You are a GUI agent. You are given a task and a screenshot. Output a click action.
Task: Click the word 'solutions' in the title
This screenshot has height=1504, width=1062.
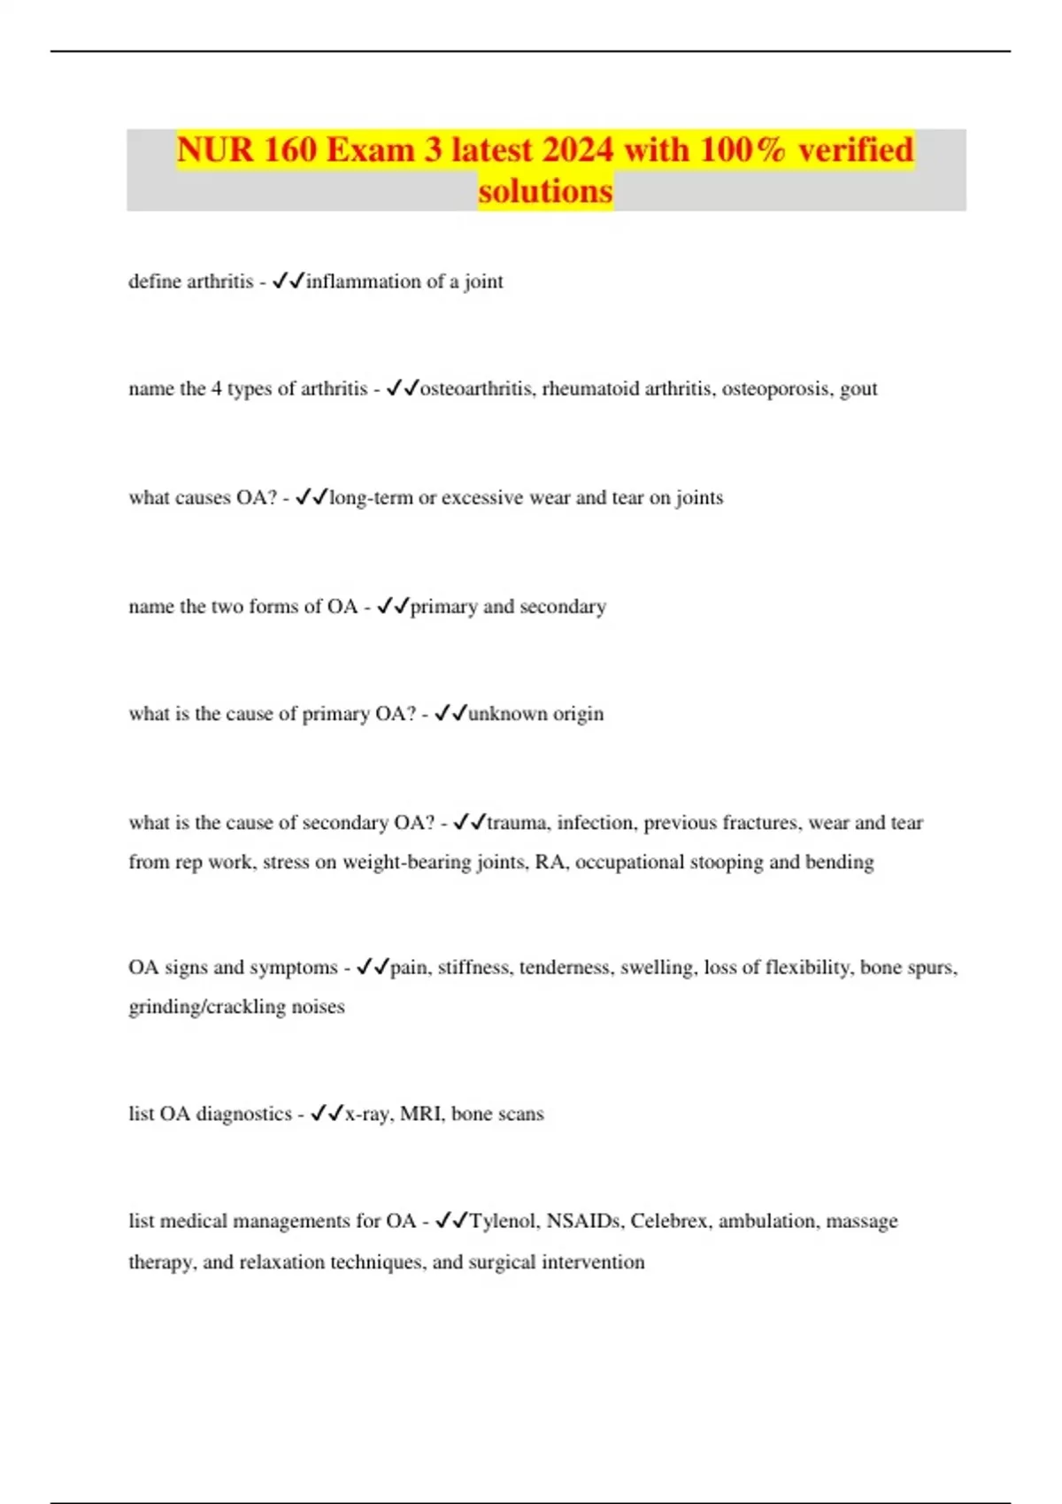[545, 191]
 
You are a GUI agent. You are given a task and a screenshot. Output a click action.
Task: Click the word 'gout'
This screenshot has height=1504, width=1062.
[858, 389]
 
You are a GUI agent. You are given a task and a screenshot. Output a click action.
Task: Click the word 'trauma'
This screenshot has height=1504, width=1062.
[516, 823]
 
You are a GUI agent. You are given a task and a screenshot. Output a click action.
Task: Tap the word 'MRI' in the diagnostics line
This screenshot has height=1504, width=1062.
[420, 1114]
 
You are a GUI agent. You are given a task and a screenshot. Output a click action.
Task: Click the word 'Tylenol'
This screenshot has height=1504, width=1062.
[502, 1222]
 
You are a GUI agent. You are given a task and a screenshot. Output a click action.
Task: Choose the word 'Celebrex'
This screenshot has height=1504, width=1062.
[669, 1222]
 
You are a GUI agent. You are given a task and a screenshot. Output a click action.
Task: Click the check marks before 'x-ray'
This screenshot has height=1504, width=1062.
[327, 1113]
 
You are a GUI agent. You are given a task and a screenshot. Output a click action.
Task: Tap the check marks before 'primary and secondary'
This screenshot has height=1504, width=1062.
[392, 606]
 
